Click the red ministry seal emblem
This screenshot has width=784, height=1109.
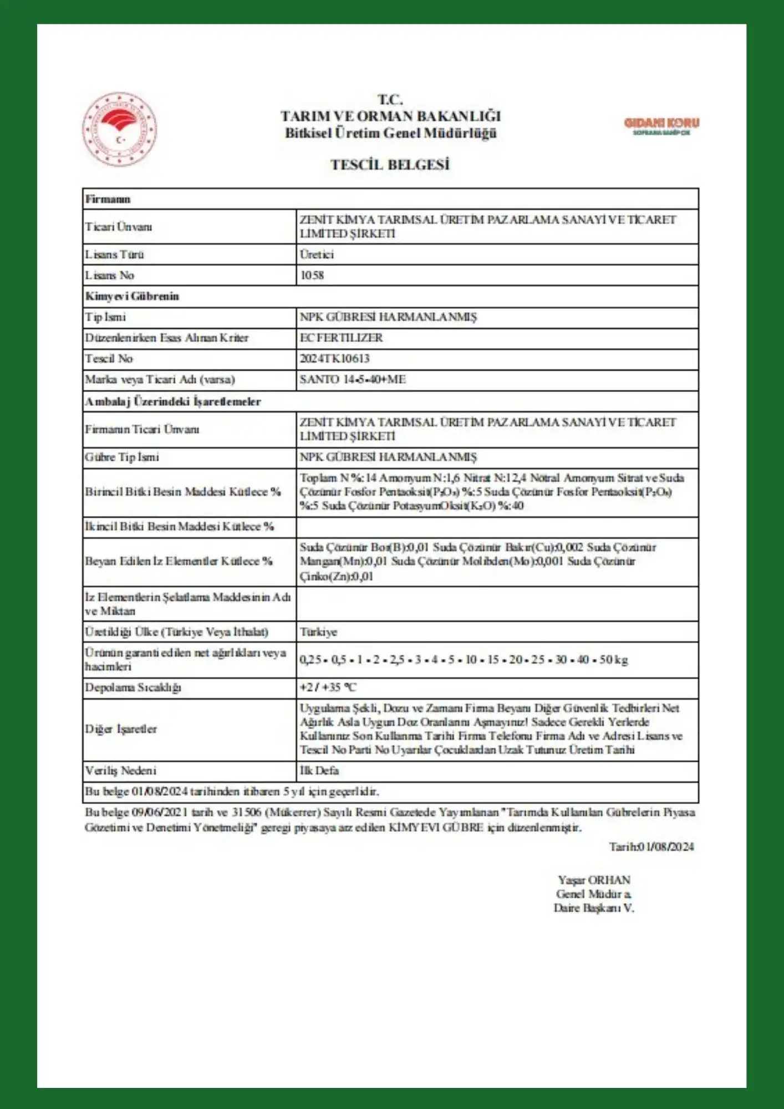[119, 129]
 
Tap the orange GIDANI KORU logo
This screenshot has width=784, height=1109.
[661, 125]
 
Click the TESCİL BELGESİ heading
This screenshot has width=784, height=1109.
[390, 165]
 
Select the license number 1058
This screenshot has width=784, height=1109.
[312, 276]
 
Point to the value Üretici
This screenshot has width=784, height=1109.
[317, 255]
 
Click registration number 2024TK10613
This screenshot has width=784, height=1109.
[334, 359]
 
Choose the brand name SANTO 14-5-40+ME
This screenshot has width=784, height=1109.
[353, 380]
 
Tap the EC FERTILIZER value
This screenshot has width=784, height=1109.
[341, 338]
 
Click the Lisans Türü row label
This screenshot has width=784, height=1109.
[114, 255]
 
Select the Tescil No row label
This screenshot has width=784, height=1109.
[109, 359]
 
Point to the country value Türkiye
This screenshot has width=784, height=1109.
[318, 632]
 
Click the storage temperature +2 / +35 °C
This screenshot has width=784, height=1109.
[328, 688]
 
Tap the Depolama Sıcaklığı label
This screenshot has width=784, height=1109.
[133, 688]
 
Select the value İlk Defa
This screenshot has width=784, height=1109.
[319, 771]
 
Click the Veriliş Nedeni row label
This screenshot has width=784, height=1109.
[120, 771]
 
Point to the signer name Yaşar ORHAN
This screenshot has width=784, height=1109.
[594, 880]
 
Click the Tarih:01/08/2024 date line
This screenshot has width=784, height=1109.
[651, 847]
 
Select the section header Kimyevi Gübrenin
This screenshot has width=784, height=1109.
[132, 296]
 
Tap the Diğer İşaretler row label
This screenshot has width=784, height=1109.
[121, 729]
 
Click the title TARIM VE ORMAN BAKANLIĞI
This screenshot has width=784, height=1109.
[390, 116]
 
